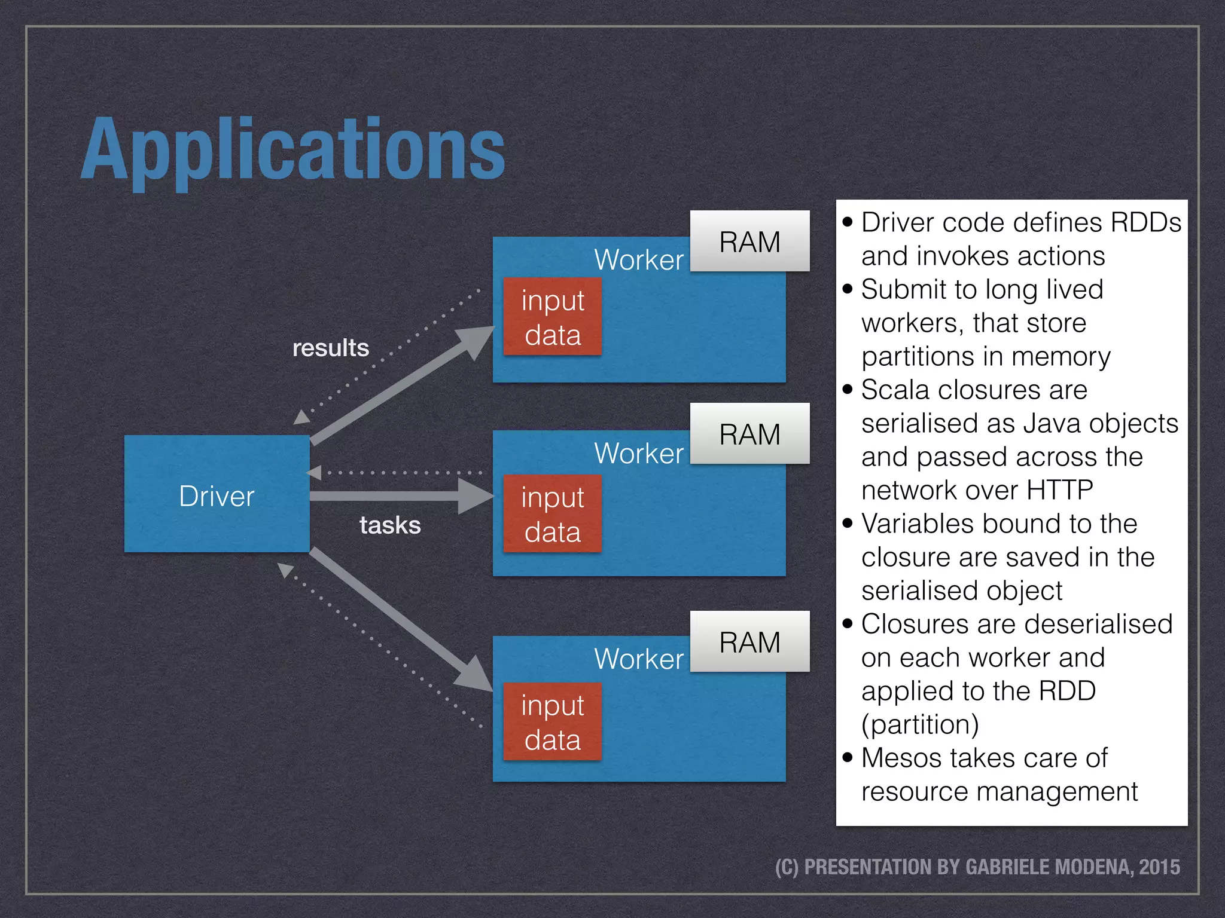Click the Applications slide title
293,149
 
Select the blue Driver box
217,494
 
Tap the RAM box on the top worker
749,241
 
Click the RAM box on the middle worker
749,434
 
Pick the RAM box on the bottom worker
749,642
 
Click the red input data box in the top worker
552,317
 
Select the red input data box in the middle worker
552,514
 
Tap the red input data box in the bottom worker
552,722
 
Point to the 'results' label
330,348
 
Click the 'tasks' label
390,525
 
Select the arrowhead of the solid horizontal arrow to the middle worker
476,495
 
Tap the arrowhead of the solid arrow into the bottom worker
476,674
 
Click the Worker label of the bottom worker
638,659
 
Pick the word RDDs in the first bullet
1145,222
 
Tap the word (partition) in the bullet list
920,724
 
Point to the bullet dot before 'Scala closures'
847,390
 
